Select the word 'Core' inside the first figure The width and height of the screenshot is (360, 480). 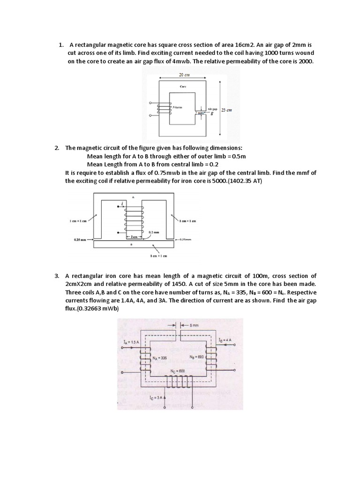click(x=183, y=87)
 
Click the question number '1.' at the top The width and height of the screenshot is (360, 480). click(x=61, y=45)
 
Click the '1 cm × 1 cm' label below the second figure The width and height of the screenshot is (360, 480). click(x=158, y=256)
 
